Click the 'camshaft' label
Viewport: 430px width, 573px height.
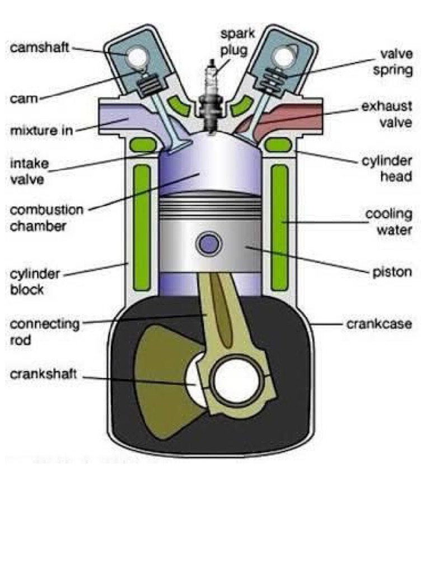coord(39,48)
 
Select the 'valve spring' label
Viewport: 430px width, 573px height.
coord(396,62)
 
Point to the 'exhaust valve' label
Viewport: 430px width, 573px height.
coord(386,114)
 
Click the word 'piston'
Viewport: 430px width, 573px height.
coord(392,273)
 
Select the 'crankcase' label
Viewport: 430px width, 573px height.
coord(379,324)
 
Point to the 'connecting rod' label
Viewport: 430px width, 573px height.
coord(45,331)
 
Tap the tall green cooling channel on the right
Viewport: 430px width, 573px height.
coord(279,227)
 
